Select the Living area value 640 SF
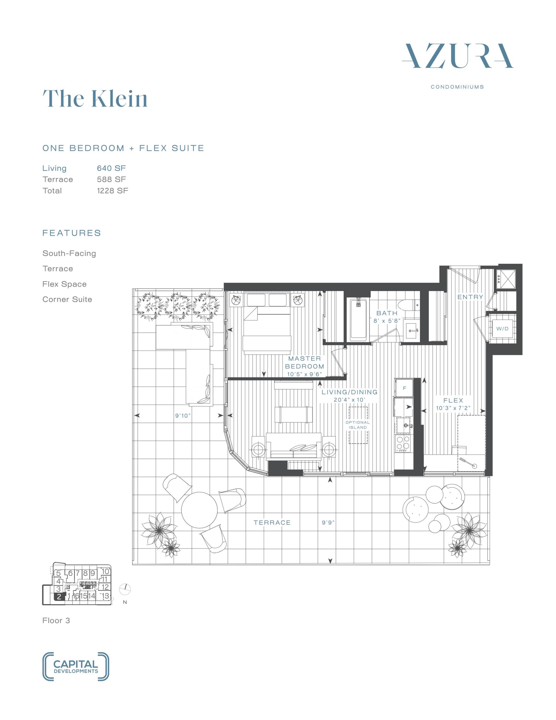111,168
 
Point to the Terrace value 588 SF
111,179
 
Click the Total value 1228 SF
112,191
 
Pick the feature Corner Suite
67,299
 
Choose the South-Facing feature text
69,253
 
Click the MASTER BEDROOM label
304,362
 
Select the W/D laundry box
502,329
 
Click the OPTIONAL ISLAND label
358,425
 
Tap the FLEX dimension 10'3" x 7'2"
453,408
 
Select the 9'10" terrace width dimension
183,416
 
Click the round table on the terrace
199,511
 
